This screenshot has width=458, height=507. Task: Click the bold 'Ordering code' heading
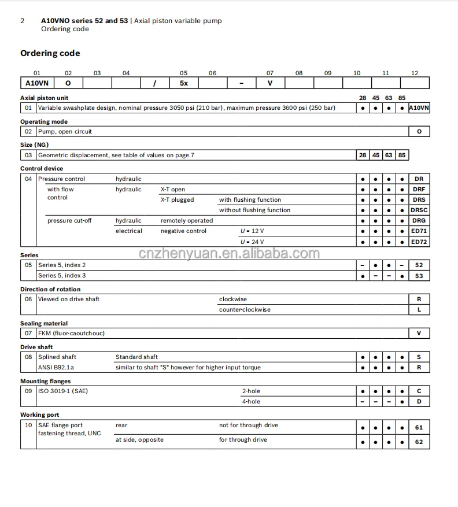tap(50, 53)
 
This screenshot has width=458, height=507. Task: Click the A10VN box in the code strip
tap(36, 83)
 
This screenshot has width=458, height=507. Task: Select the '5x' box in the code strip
tap(184, 83)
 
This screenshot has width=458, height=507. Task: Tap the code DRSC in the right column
tap(419, 210)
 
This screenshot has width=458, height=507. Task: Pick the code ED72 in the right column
tap(419, 242)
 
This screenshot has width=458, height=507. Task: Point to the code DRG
tap(419, 221)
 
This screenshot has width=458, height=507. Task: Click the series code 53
tap(419, 276)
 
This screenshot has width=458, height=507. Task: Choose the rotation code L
tap(419, 310)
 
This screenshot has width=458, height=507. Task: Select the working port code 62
tap(419, 442)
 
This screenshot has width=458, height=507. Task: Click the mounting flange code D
tap(419, 402)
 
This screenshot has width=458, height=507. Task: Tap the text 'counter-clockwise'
tap(245, 310)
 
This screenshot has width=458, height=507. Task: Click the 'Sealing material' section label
tap(44, 323)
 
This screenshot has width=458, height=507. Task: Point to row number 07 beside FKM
tap(28, 334)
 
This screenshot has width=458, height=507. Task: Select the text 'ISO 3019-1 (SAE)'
tap(63, 391)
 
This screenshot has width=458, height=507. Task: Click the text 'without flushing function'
tap(254, 210)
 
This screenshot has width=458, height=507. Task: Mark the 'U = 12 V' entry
tap(252, 231)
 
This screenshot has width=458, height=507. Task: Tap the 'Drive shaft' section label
tap(36, 347)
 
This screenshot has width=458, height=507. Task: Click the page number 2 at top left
tap(23, 21)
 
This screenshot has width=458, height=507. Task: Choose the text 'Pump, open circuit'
tap(65, 132)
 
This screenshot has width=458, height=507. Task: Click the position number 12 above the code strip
tap(415, 73)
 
